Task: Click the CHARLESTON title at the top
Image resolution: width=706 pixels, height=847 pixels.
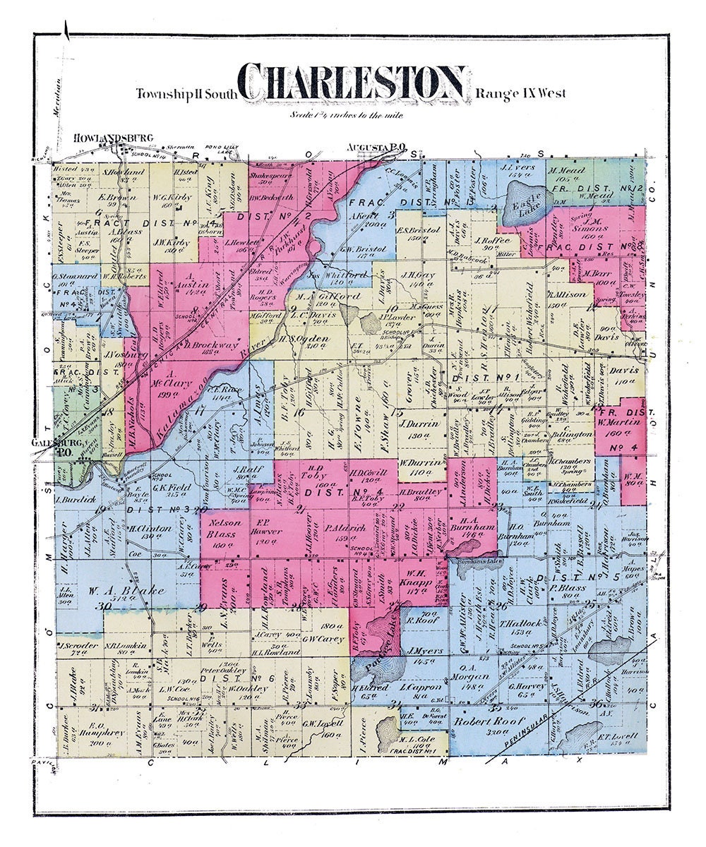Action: click(352, 83)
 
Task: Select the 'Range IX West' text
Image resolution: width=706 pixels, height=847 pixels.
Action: click(520, 93)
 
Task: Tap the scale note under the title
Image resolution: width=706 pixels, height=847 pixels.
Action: click(346, 114)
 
